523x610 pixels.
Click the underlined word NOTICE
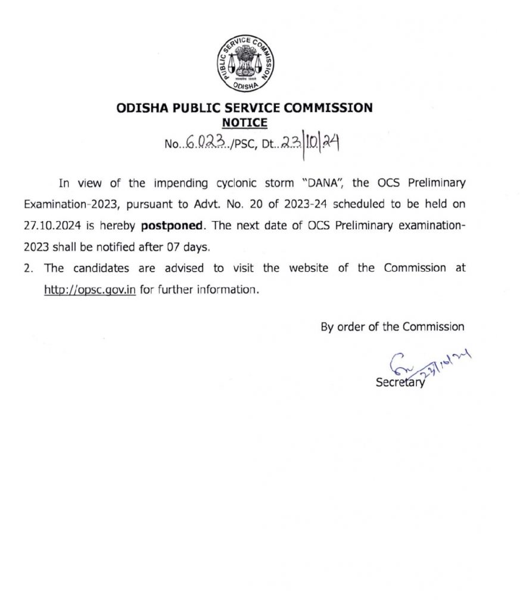coord(244,123)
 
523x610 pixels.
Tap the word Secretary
coord(400,383)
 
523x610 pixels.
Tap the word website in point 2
coord(311,268)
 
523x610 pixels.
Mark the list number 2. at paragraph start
coord(28,269)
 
